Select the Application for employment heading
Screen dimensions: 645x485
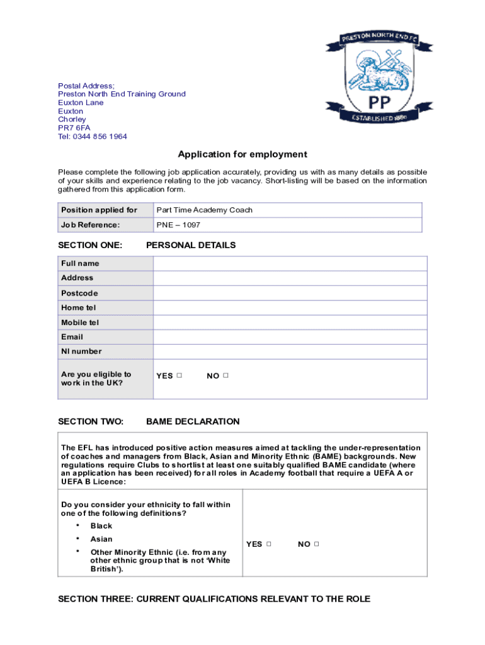243,154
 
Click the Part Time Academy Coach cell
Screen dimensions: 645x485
204,210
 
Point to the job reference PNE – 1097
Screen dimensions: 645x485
178,225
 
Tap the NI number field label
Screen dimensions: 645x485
81,351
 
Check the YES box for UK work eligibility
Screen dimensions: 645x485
180,375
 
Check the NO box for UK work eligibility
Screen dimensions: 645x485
225,375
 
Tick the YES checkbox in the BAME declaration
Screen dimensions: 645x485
269,544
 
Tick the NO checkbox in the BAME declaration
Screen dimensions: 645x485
316,544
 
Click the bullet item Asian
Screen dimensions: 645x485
101,539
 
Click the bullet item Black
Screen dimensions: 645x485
101,526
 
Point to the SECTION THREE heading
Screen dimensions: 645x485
214,599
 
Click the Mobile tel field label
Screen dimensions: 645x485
80,322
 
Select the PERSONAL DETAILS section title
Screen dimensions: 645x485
191,245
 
